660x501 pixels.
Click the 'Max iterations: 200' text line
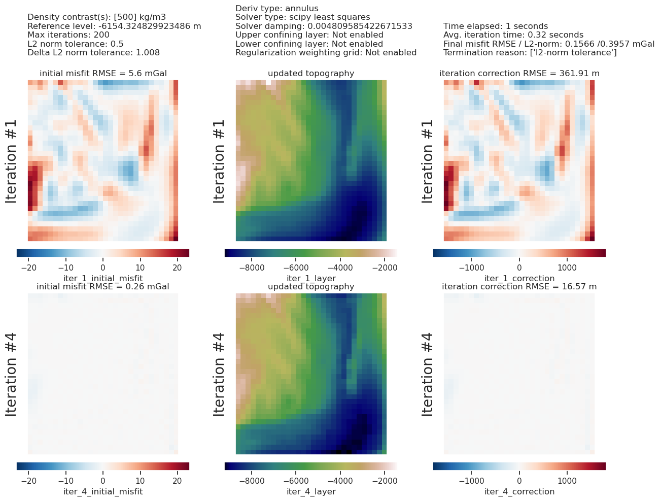coord(68,35)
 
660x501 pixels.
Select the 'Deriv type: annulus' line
coord(276,9)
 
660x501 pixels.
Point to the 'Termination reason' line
coord(530,53)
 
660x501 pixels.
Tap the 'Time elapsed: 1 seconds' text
coord(496,26)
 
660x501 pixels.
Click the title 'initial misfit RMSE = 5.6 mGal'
coord(103,74)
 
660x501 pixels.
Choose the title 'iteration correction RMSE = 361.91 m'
coord(519,74)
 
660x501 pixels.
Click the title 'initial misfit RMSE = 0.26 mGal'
coord(103,287)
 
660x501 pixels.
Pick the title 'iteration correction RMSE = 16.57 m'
coord(519,287)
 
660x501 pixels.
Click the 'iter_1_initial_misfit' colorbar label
coord(103,278)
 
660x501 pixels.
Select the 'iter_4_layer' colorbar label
coord(311,491)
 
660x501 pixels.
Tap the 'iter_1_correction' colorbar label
coord(519,278)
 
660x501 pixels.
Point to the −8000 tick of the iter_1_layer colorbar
coord(252,268)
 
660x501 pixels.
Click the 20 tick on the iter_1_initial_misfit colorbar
coord(177,268)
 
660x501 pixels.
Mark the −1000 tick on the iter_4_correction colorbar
coord(471,481)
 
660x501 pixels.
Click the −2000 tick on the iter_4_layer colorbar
coord(385,481)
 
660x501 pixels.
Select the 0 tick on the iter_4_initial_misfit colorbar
coord(103,481)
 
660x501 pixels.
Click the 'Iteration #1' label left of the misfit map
coord(11,161)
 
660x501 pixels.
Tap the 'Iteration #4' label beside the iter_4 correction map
coord(427,375)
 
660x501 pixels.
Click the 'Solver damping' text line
coord(324,26)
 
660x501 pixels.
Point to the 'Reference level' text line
coord(114,26)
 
